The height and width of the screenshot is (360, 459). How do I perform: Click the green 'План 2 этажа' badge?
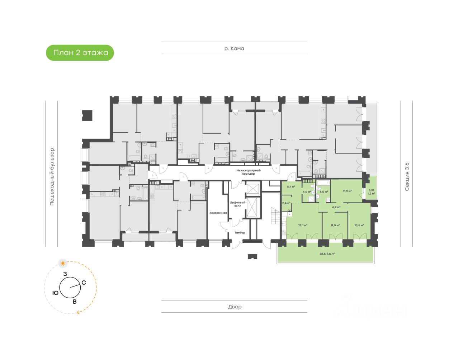(80, 53)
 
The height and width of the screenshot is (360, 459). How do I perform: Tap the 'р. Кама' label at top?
(234, 48)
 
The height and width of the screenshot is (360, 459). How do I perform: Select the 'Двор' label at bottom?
(235, 307)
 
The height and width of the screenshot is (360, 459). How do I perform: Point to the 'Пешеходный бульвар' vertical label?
(52, 176)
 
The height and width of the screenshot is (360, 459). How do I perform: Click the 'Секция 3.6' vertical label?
(407, 176)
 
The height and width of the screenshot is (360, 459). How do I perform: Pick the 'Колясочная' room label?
(218, 213)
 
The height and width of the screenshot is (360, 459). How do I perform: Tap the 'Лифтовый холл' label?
(238, 204)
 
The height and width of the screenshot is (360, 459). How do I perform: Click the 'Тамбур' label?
(240, 233)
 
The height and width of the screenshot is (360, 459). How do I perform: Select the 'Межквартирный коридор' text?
(248, 172)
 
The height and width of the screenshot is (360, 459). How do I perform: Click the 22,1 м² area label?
(303, 226)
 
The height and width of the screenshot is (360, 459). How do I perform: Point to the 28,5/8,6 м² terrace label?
(327, 254)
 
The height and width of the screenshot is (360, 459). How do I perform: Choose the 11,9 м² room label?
(347, 191)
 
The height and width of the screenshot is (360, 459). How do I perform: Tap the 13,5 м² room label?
(359, 226)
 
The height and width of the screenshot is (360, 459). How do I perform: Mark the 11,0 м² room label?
(335, 226)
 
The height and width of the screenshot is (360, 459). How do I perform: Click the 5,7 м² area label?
(291, 187)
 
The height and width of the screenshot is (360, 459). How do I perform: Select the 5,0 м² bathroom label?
(324, 192)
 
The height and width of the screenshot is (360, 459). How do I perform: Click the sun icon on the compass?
(63, 264)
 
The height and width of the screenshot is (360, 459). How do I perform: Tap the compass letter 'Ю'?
(55, 293)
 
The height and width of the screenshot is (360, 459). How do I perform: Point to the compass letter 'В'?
(75, 302)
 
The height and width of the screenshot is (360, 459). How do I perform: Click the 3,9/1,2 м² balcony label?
(371, 192)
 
